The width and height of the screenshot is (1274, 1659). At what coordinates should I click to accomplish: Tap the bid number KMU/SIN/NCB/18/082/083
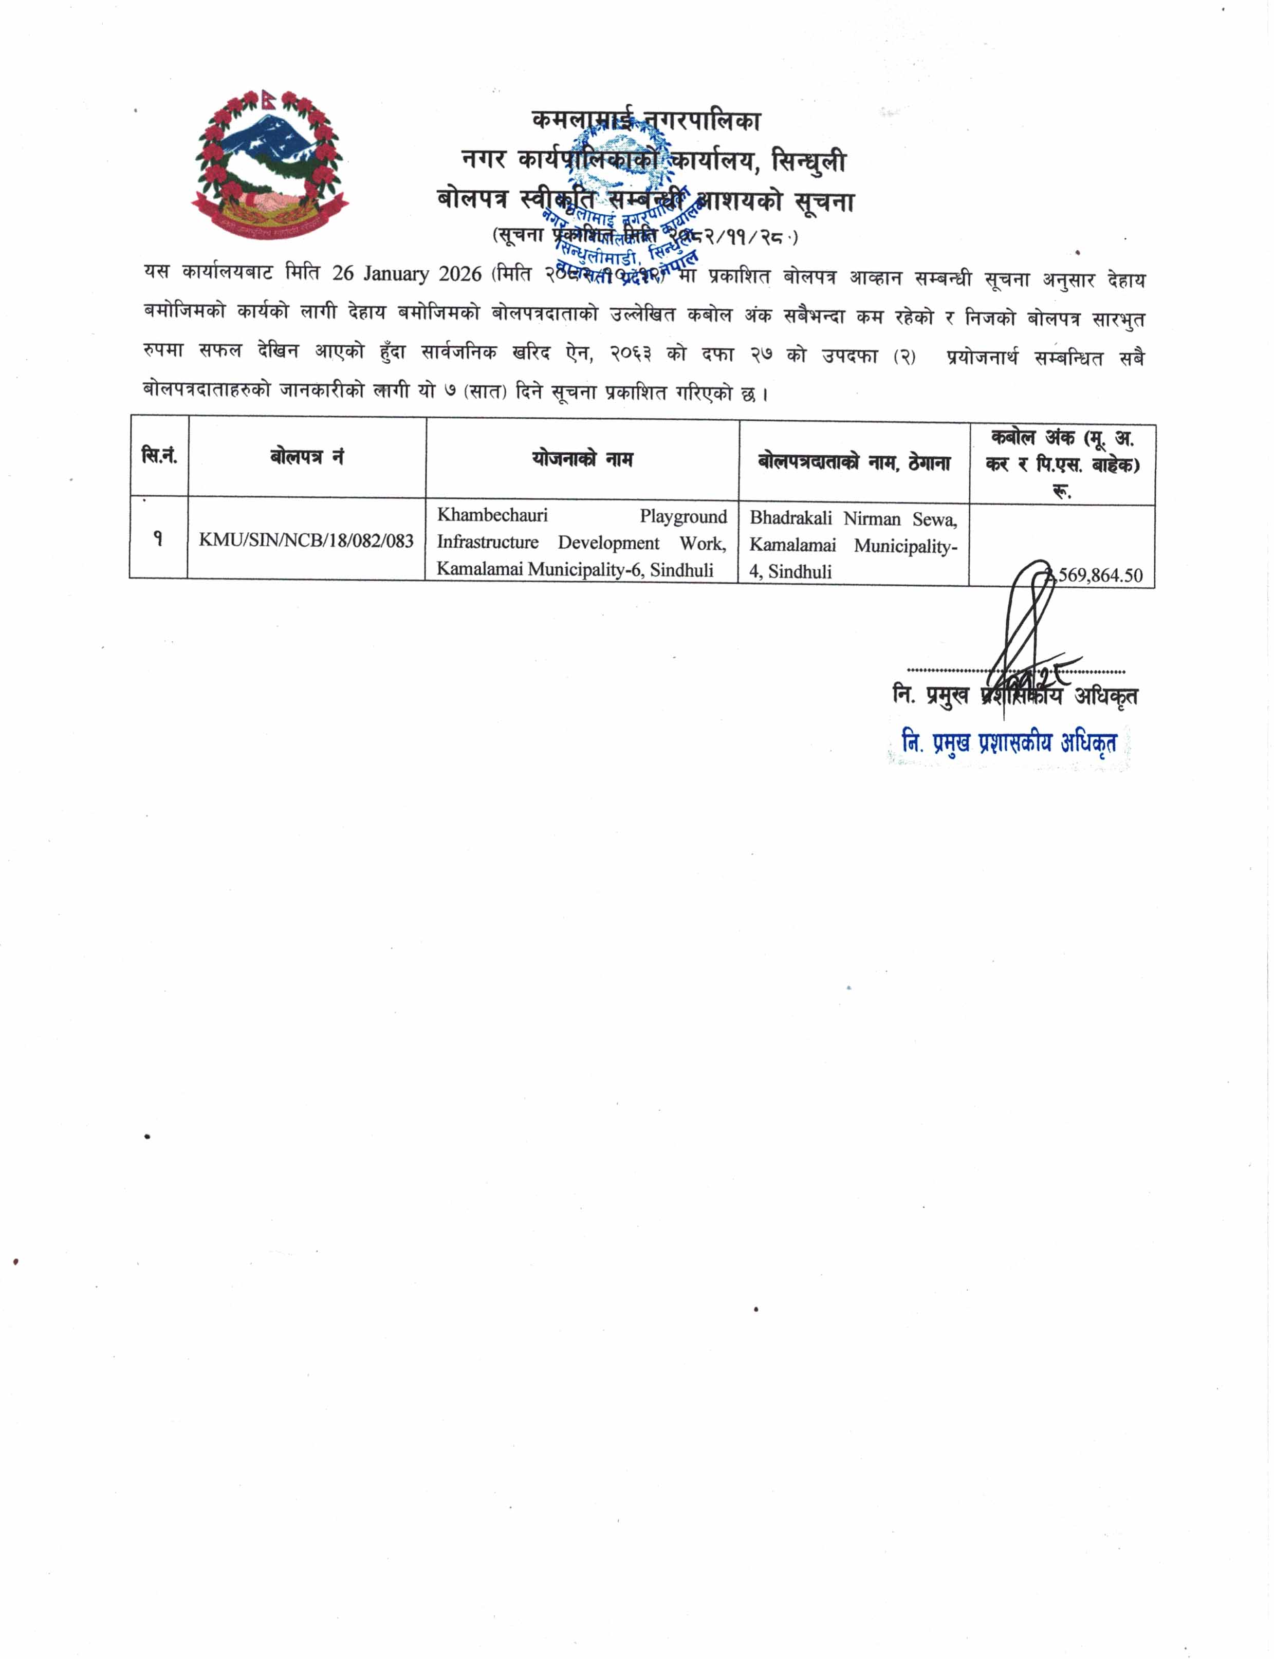306,540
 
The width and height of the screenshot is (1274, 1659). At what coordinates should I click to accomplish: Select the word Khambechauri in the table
492,516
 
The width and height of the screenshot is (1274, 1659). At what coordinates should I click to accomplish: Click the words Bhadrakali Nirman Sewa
853,519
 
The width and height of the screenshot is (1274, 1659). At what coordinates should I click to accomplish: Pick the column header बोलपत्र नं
306,456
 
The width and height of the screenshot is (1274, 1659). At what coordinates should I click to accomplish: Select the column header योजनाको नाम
582,459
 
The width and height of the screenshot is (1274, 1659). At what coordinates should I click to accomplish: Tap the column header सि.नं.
159,456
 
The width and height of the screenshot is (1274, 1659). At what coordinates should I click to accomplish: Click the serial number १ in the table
158,538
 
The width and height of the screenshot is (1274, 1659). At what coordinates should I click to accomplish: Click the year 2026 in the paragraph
459,274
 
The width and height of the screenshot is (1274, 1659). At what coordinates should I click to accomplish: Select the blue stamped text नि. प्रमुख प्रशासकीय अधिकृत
1009,743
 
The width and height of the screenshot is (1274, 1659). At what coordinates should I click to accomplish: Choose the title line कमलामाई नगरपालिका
645,120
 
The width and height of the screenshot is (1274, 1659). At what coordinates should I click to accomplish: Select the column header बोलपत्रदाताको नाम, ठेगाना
854,462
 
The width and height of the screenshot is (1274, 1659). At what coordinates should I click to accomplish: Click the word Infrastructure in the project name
488,543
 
